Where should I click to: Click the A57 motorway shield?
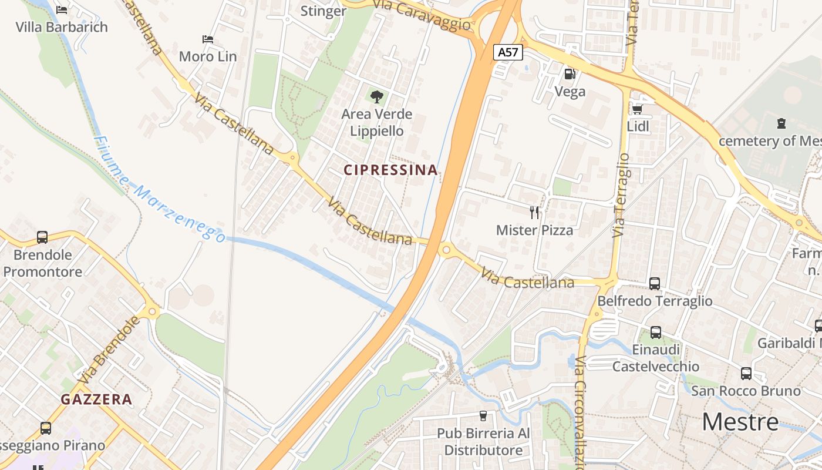(508, 52)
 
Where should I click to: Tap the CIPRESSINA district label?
(390, 170)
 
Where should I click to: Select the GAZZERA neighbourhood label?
(96, 399)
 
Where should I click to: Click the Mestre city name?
(740, 422)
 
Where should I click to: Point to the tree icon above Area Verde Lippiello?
(377, 96)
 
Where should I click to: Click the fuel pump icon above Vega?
(570, 74)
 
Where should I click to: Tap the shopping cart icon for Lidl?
(638, 109)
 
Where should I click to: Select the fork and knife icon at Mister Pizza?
(534, 212)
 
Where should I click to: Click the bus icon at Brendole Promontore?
(42, 237)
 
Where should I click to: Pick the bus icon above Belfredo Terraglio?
(655, 283)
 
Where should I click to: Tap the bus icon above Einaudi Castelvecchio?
(656, 333)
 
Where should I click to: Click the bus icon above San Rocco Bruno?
(746, 373)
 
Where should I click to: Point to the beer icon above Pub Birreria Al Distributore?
(483, 416)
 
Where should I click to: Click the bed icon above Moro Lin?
(207, 39)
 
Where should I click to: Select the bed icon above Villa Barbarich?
(62, 9)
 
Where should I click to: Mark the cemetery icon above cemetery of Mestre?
(781, 123)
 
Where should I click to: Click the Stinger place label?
(323, 11)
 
